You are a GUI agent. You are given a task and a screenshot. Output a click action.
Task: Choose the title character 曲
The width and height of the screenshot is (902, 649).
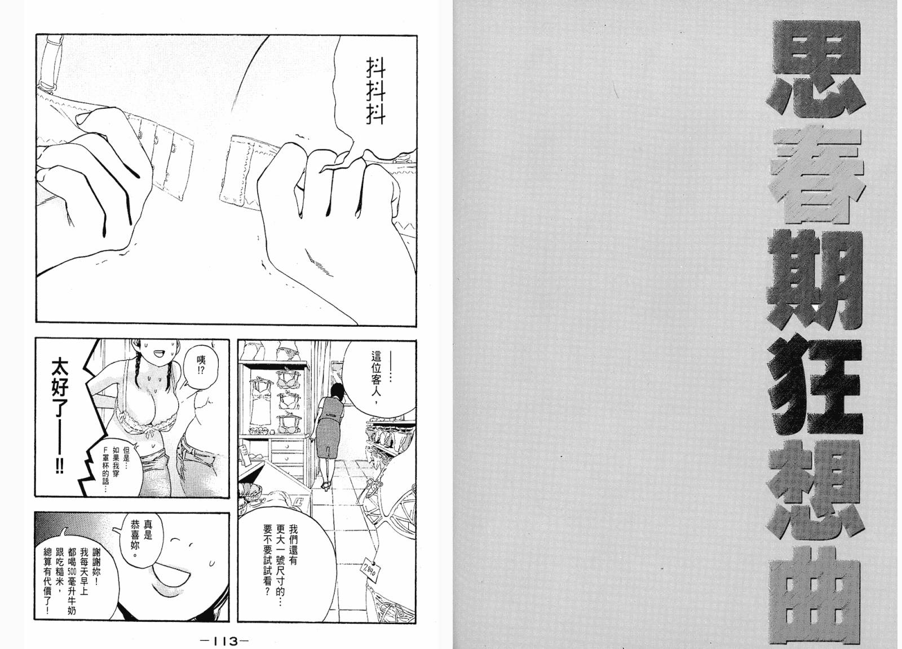tap(815, 597)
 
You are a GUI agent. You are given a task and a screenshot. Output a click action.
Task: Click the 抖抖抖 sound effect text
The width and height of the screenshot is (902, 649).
tap(375, 91)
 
